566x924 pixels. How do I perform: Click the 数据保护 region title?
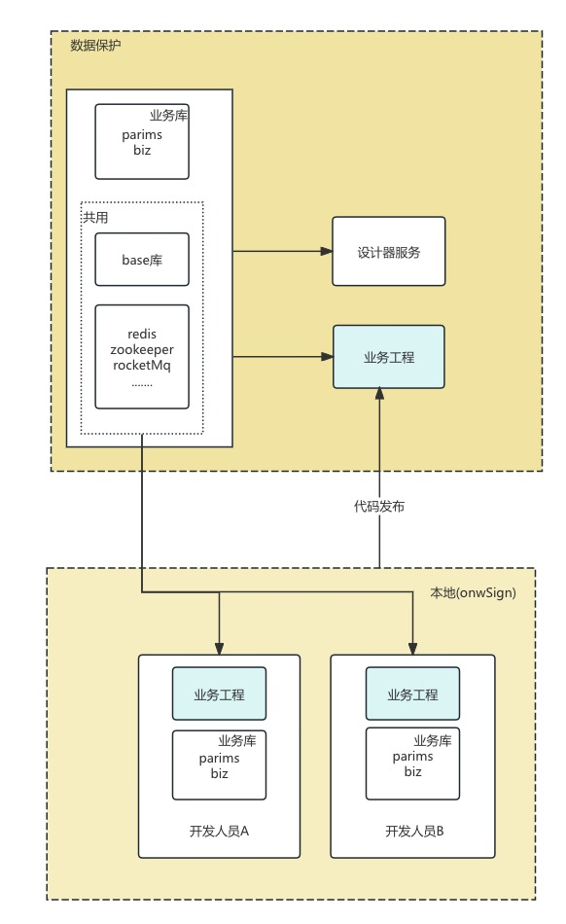pyautogui.click(x=95, y=46)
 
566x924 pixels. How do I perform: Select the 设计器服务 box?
pyautogui.click(x=389, y=252)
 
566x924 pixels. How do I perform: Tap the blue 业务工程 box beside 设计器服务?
pyautogui.click(x=389, y=357)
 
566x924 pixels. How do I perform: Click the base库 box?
pyautogui.click(x=142, y=260)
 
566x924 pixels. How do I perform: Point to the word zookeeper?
pyautogui.click(x=142, y=349)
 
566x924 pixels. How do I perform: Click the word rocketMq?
pyautogui.click(x=142, y=366)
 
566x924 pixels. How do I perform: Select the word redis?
pyautogui.click(x=142, y=335)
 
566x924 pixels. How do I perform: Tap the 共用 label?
pyautogui.click(x=95, y=218)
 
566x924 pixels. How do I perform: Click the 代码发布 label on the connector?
pyautogui.click(x=379, y=506)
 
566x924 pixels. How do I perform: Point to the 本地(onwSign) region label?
pyautogui.click(x=473, y=593)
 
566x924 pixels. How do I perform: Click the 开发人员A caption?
pyautogui.click(x=219, y=831)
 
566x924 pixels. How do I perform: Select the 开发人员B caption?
pyautogui.click(x=414, y=831)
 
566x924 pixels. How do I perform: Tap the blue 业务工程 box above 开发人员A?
pyautogui.click(x=219, y=693)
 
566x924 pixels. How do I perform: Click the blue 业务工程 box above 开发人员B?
pyautogui.click(x=413, y=693)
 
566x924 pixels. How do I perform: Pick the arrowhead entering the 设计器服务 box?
pyautogui.click(x=327, y=252)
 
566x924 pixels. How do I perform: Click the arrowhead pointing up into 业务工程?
pyautogui.click(x=380, y=394)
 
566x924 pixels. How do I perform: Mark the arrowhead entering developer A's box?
pyautogui.click(x=219, y=648)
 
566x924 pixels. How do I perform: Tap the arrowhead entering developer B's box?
pyautogui.click(x=413, y=648)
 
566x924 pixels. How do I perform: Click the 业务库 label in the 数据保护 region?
pyautogui.click(x=168, y=116)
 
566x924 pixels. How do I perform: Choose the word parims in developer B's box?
pyautogui.click(x=413, y=756)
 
